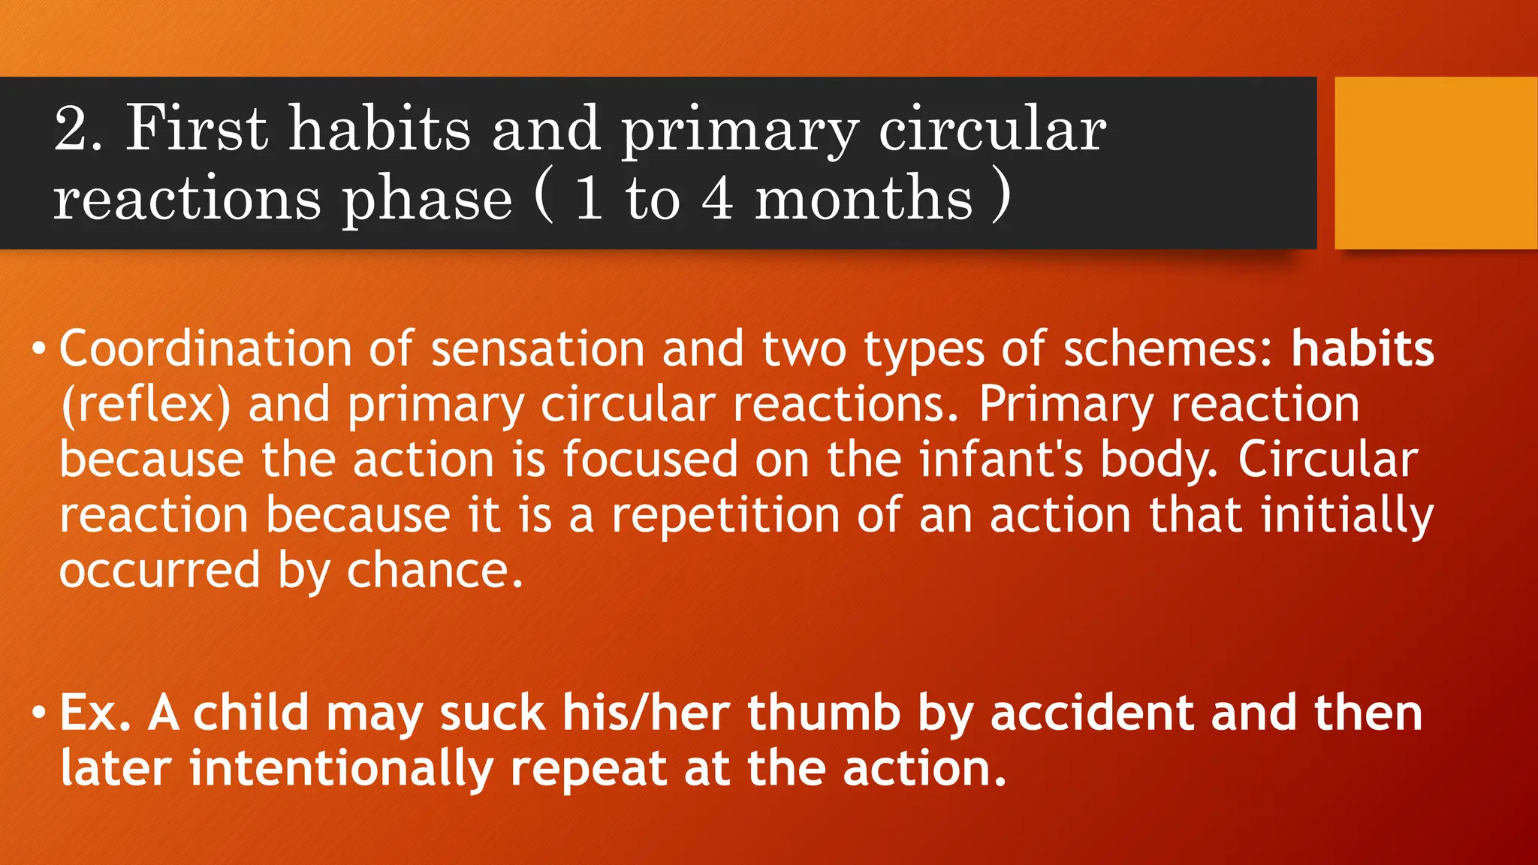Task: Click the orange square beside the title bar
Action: [x=1436, y=162]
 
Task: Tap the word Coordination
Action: [x=205, y=349]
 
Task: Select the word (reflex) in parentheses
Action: [x=146, y=405]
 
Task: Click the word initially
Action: [x=1347, y=517]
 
